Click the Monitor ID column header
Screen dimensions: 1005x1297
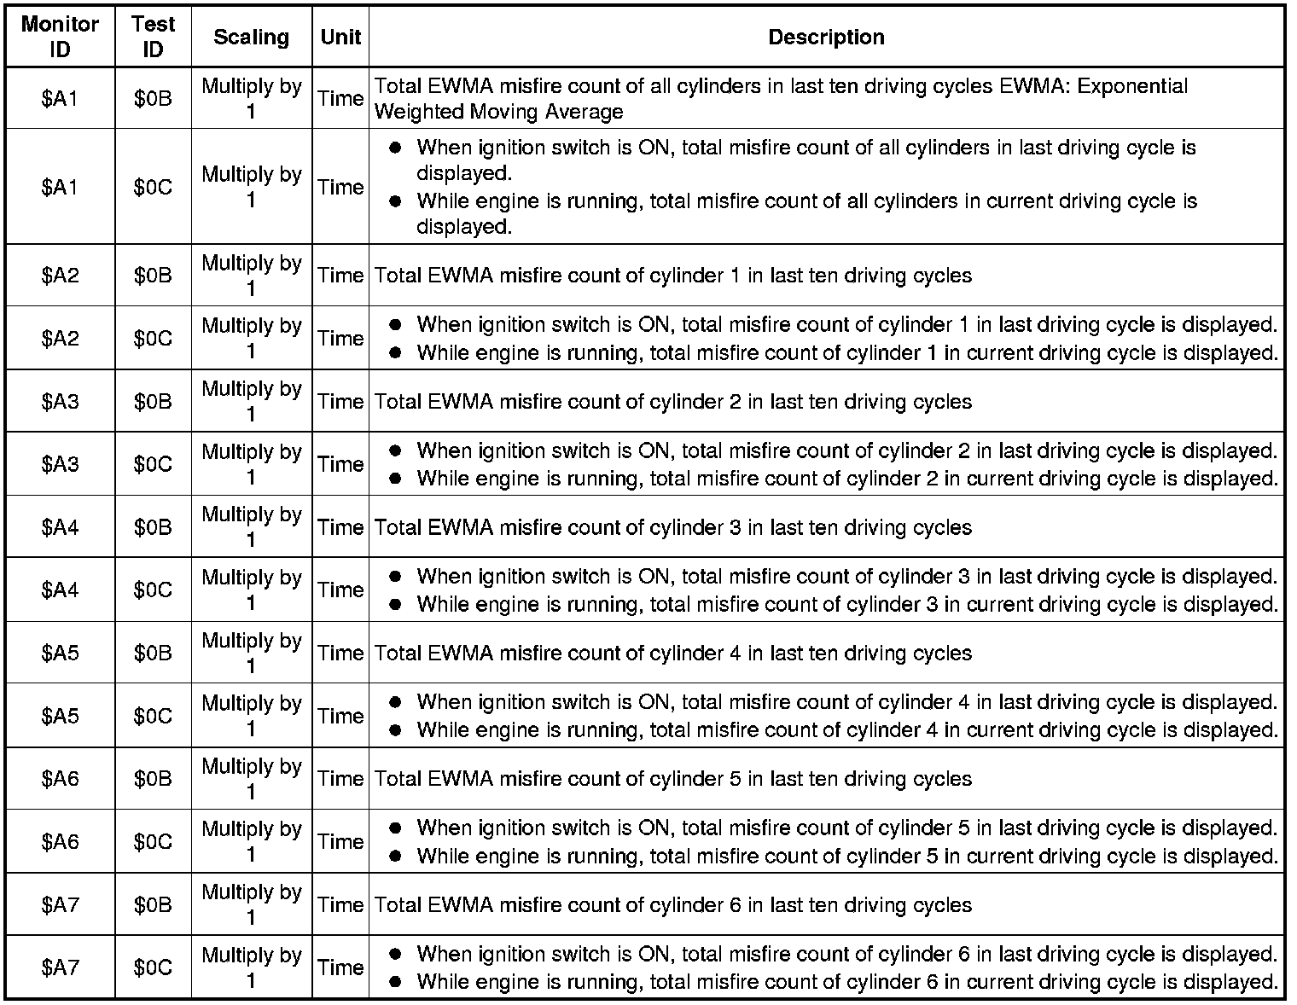coord(60,37)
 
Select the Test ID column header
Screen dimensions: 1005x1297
coord(153,37)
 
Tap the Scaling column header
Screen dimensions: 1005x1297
coord(251,38)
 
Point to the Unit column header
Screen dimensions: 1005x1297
coord(340,38)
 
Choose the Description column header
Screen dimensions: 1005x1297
coord(826,38)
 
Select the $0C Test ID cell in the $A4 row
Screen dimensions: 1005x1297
coord(153,590)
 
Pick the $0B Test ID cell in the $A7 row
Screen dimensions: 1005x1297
coord(153,904)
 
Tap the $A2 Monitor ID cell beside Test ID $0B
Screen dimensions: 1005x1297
coord(60,276)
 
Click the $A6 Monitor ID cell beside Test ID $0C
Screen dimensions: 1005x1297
coord(60,841)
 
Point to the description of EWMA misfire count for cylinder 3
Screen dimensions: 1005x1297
coord(673,527)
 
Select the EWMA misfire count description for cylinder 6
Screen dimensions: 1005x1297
coord(673,904)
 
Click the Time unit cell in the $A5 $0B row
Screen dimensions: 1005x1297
coord(340,653)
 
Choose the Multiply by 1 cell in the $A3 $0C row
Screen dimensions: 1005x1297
coord(251,464)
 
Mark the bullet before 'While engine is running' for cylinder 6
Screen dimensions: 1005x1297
coord(395,982)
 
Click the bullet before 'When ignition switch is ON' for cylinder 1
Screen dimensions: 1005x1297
coord(395,325)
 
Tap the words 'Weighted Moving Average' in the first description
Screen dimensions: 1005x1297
coord(498,112)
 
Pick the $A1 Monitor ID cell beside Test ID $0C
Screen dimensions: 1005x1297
coord(60,187)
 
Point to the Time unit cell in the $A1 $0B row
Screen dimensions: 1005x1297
coord(340,98)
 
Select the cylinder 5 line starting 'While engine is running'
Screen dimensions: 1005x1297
coord(846,856)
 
